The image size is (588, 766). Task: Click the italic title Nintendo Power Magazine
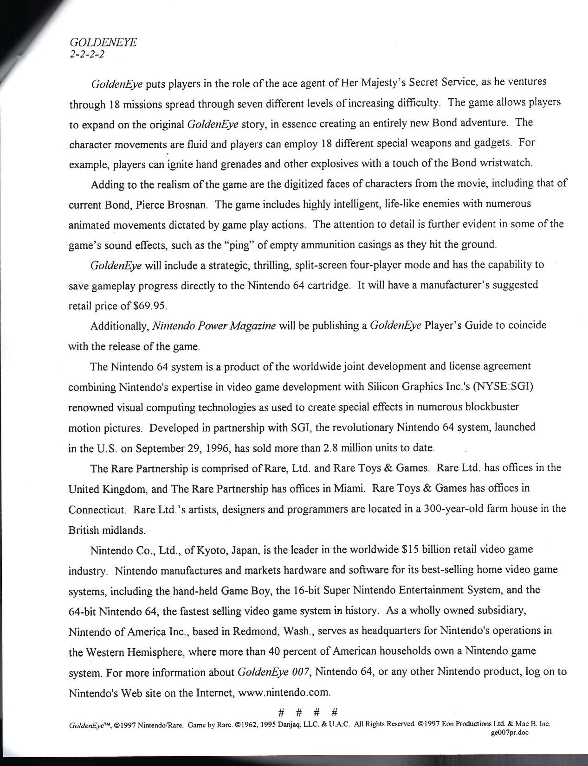click(214, 326)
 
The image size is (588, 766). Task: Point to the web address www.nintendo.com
click(284, 693)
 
